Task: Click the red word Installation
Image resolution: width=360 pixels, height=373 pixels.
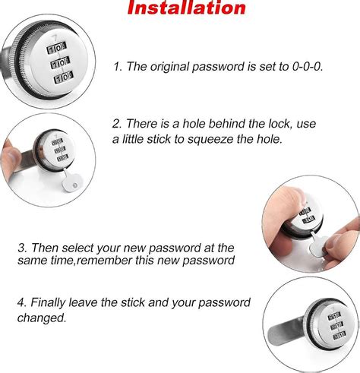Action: click(187, 8)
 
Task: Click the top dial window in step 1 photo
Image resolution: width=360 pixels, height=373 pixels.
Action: click(56, 48)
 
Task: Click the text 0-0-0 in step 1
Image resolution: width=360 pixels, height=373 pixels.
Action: click(308, 67)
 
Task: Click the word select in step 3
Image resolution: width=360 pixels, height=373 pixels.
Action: click(77, 248)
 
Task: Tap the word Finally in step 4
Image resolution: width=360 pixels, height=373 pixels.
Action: click(49, 303)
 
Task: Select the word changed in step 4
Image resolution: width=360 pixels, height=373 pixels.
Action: click(42, 318)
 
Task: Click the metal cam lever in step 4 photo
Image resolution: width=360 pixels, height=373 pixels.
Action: click(286, 333)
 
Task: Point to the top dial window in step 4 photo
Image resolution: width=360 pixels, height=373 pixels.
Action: click(334, 316)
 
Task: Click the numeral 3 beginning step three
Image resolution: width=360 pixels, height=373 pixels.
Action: click(21, 248)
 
